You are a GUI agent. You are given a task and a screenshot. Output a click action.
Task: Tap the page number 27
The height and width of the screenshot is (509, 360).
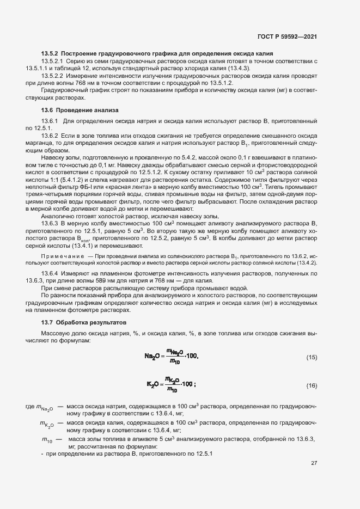coord(314,464)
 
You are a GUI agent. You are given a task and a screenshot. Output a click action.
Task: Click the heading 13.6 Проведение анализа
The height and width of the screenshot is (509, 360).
coord(80,110)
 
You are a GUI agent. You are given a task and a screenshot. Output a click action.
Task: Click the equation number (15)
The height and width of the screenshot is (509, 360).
coord(312,358)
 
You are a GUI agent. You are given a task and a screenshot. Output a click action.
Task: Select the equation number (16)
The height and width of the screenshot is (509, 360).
coord(312,386)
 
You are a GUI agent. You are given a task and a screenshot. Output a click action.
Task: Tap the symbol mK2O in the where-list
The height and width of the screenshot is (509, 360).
coord(47,424)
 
